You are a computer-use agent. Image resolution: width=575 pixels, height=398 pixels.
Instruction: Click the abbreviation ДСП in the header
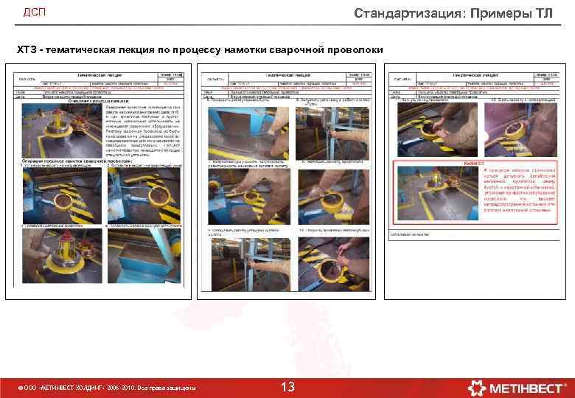(35, 13)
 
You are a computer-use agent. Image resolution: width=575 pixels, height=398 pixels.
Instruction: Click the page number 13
(287, 387)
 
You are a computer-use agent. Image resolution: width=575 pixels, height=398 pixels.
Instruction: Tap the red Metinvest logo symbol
(477, 387)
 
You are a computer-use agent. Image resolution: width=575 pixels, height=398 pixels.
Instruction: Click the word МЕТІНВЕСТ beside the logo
(524, 387)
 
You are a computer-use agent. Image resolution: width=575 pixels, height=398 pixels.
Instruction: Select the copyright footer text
(107, 388)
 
